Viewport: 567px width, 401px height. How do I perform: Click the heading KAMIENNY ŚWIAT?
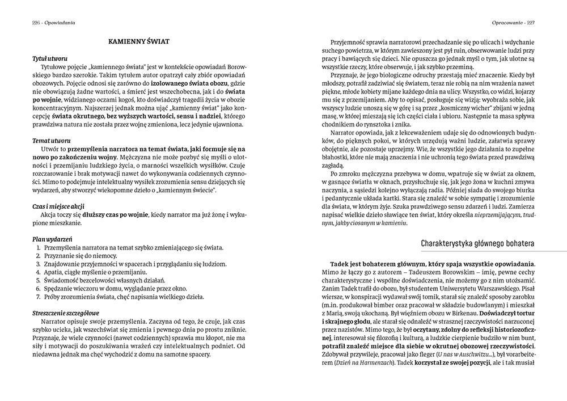point(139,41)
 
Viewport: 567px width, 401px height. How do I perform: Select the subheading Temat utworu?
point(50,139)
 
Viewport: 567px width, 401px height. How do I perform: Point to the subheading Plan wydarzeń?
point(52,239)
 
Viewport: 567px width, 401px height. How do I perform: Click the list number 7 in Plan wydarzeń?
point(37,297)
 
